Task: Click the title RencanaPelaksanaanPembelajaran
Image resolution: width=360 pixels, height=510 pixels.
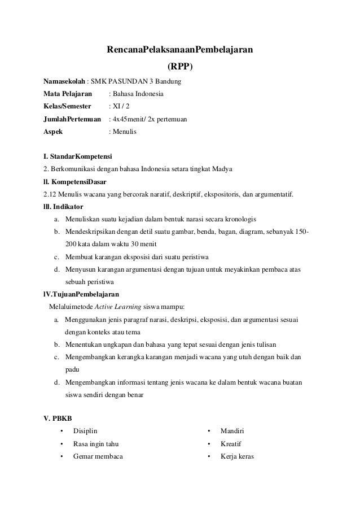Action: point(180,50)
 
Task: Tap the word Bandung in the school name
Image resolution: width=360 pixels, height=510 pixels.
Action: point(168,82)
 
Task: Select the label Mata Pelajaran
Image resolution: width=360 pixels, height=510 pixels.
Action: point(64,94)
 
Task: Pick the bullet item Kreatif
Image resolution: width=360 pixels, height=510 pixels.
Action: point(231,443)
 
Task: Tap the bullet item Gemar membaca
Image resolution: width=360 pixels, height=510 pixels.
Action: point(98,456)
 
